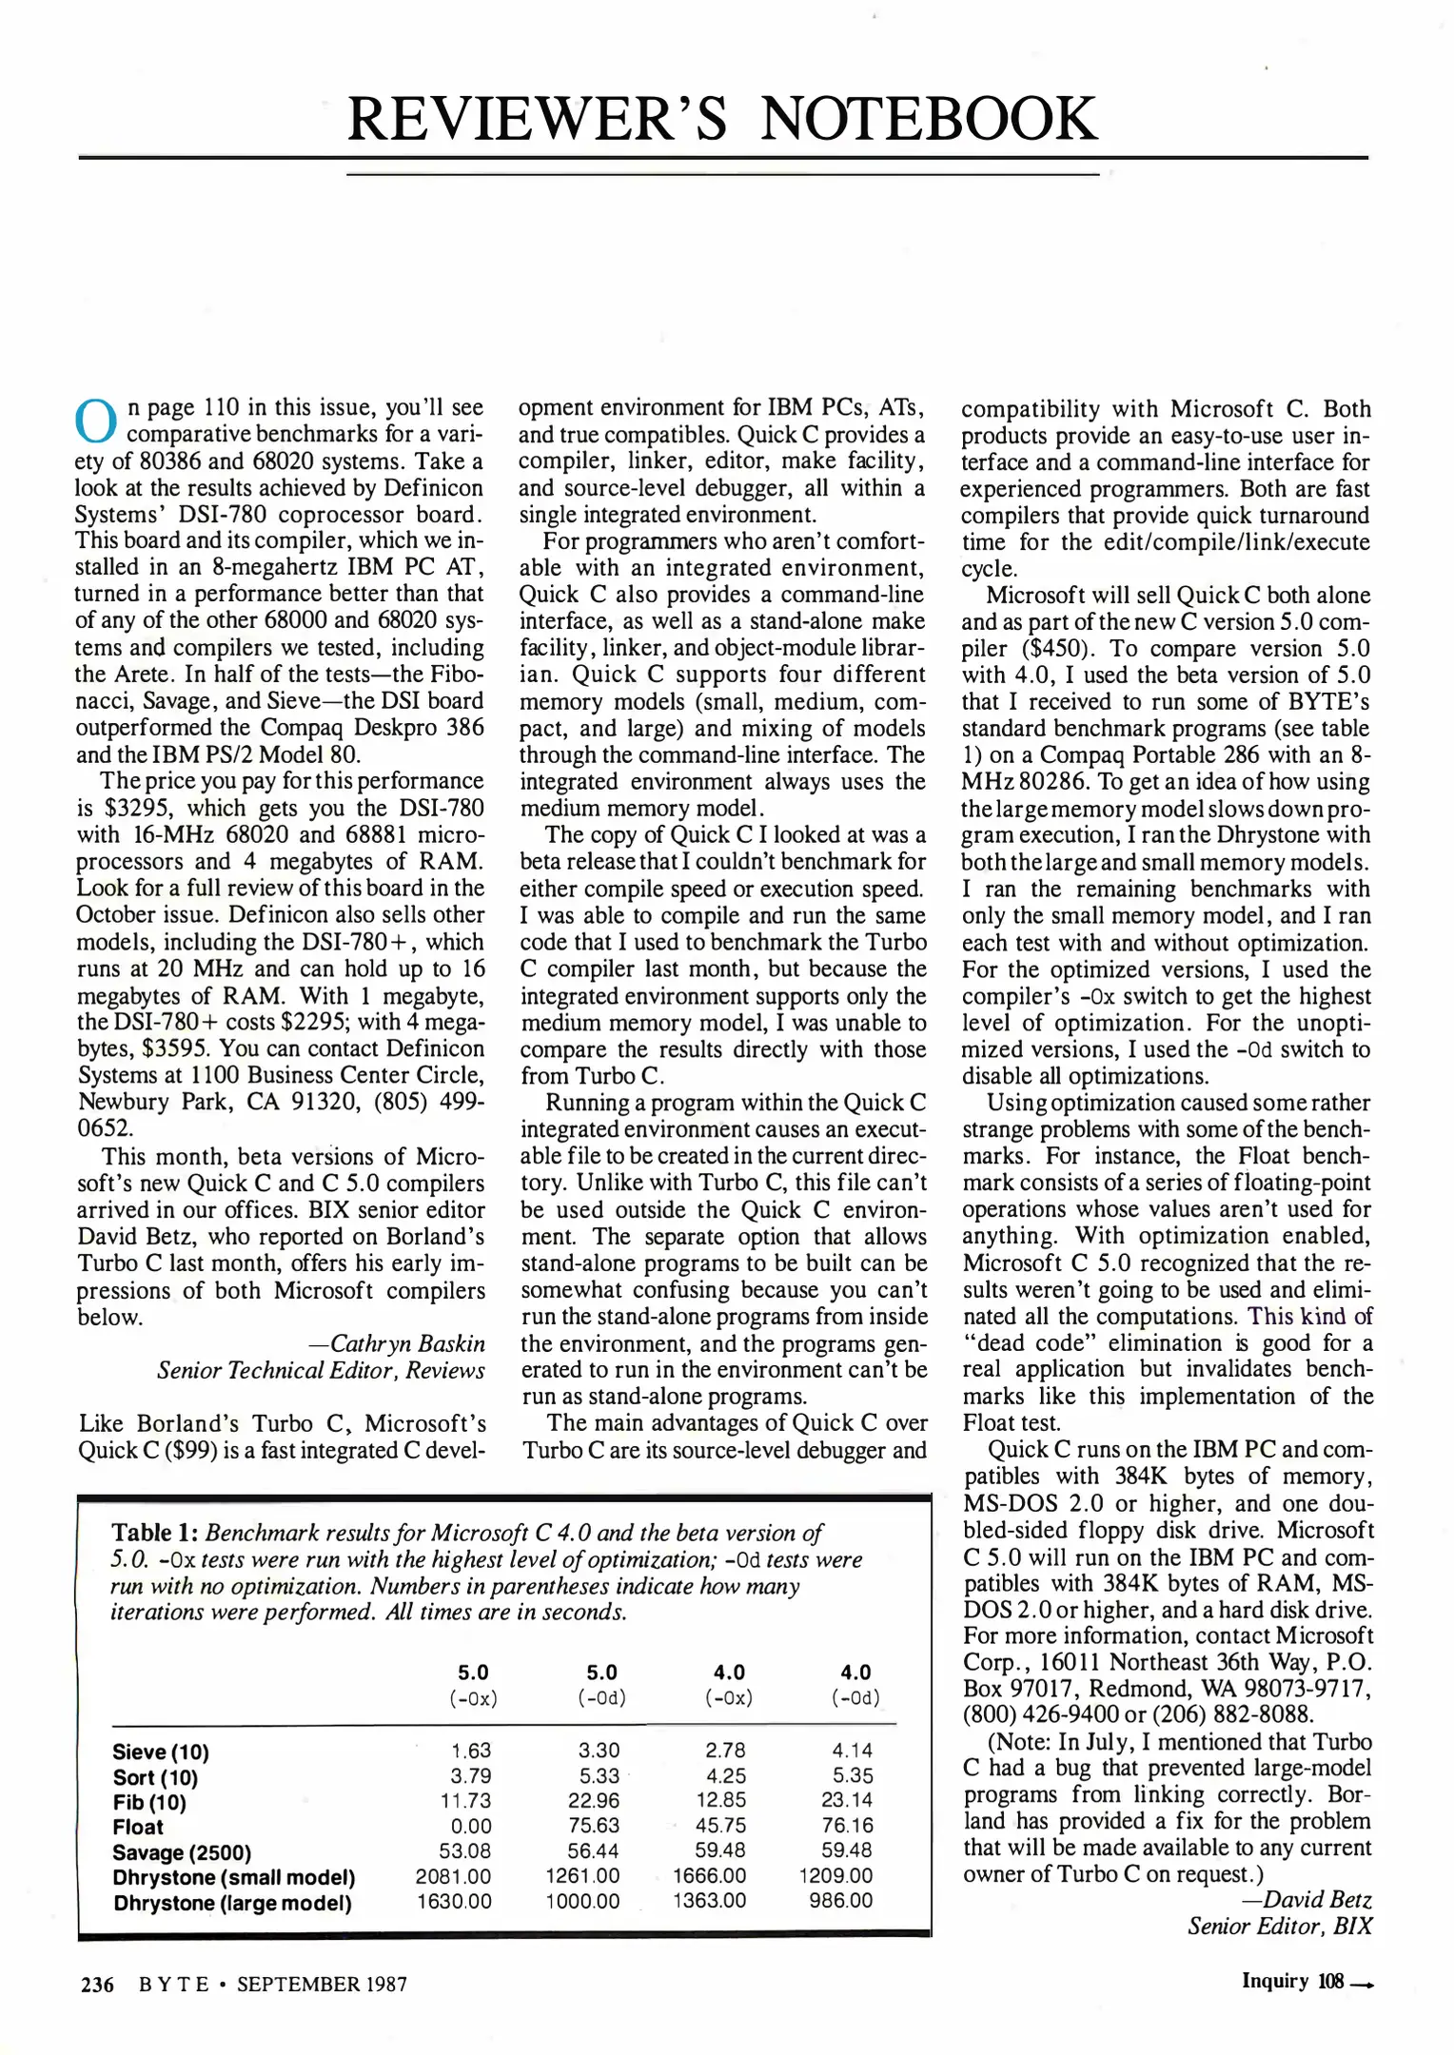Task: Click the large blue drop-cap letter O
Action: coord(95,421)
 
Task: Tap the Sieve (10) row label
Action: coord(160,1752)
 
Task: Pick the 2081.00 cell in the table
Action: coord(453,1875)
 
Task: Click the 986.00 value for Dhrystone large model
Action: coord(840,1900)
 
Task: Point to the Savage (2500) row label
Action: coord(181,1851)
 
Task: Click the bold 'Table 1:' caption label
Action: coord(154,1533)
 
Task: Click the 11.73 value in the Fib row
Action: coord(465,1800)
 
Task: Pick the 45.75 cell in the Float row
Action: coord(720,1825)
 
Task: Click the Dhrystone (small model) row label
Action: coord(233,1877)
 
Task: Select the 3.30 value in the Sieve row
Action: coord(599,1750)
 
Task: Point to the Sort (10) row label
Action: coord(155,1777)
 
